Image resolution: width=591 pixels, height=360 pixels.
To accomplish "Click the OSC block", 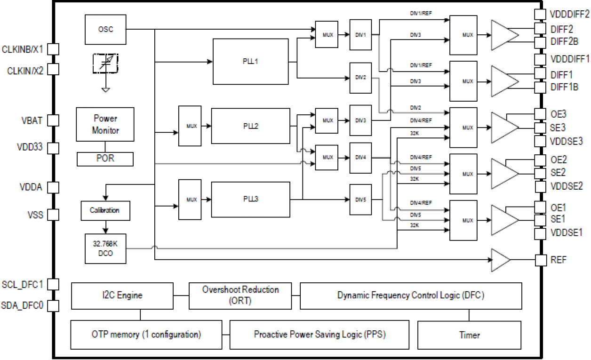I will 105,29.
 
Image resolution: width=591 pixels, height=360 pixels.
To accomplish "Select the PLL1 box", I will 250,62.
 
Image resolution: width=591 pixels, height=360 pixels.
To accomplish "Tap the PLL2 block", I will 250,126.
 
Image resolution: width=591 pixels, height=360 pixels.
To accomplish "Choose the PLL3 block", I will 250,199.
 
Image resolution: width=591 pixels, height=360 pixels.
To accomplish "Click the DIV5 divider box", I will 360,199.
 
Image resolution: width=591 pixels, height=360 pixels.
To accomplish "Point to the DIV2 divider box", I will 360,77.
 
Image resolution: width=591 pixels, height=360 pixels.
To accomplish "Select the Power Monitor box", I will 105,124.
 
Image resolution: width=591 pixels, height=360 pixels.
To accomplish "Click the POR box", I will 105,159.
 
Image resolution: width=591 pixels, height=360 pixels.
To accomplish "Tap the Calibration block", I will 105,210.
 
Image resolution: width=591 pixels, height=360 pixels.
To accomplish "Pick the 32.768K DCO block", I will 105,248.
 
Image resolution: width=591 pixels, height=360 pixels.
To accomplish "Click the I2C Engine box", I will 122,296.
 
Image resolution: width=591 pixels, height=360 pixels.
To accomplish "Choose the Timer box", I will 469,335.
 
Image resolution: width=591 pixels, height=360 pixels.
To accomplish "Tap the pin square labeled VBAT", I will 54,120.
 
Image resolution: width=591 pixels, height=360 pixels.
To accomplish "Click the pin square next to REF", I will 540,260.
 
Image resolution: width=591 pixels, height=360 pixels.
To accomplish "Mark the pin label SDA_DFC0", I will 23,306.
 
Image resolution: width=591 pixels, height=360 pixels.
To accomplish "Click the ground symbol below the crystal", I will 106,89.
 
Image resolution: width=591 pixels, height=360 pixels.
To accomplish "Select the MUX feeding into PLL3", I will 192,200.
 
